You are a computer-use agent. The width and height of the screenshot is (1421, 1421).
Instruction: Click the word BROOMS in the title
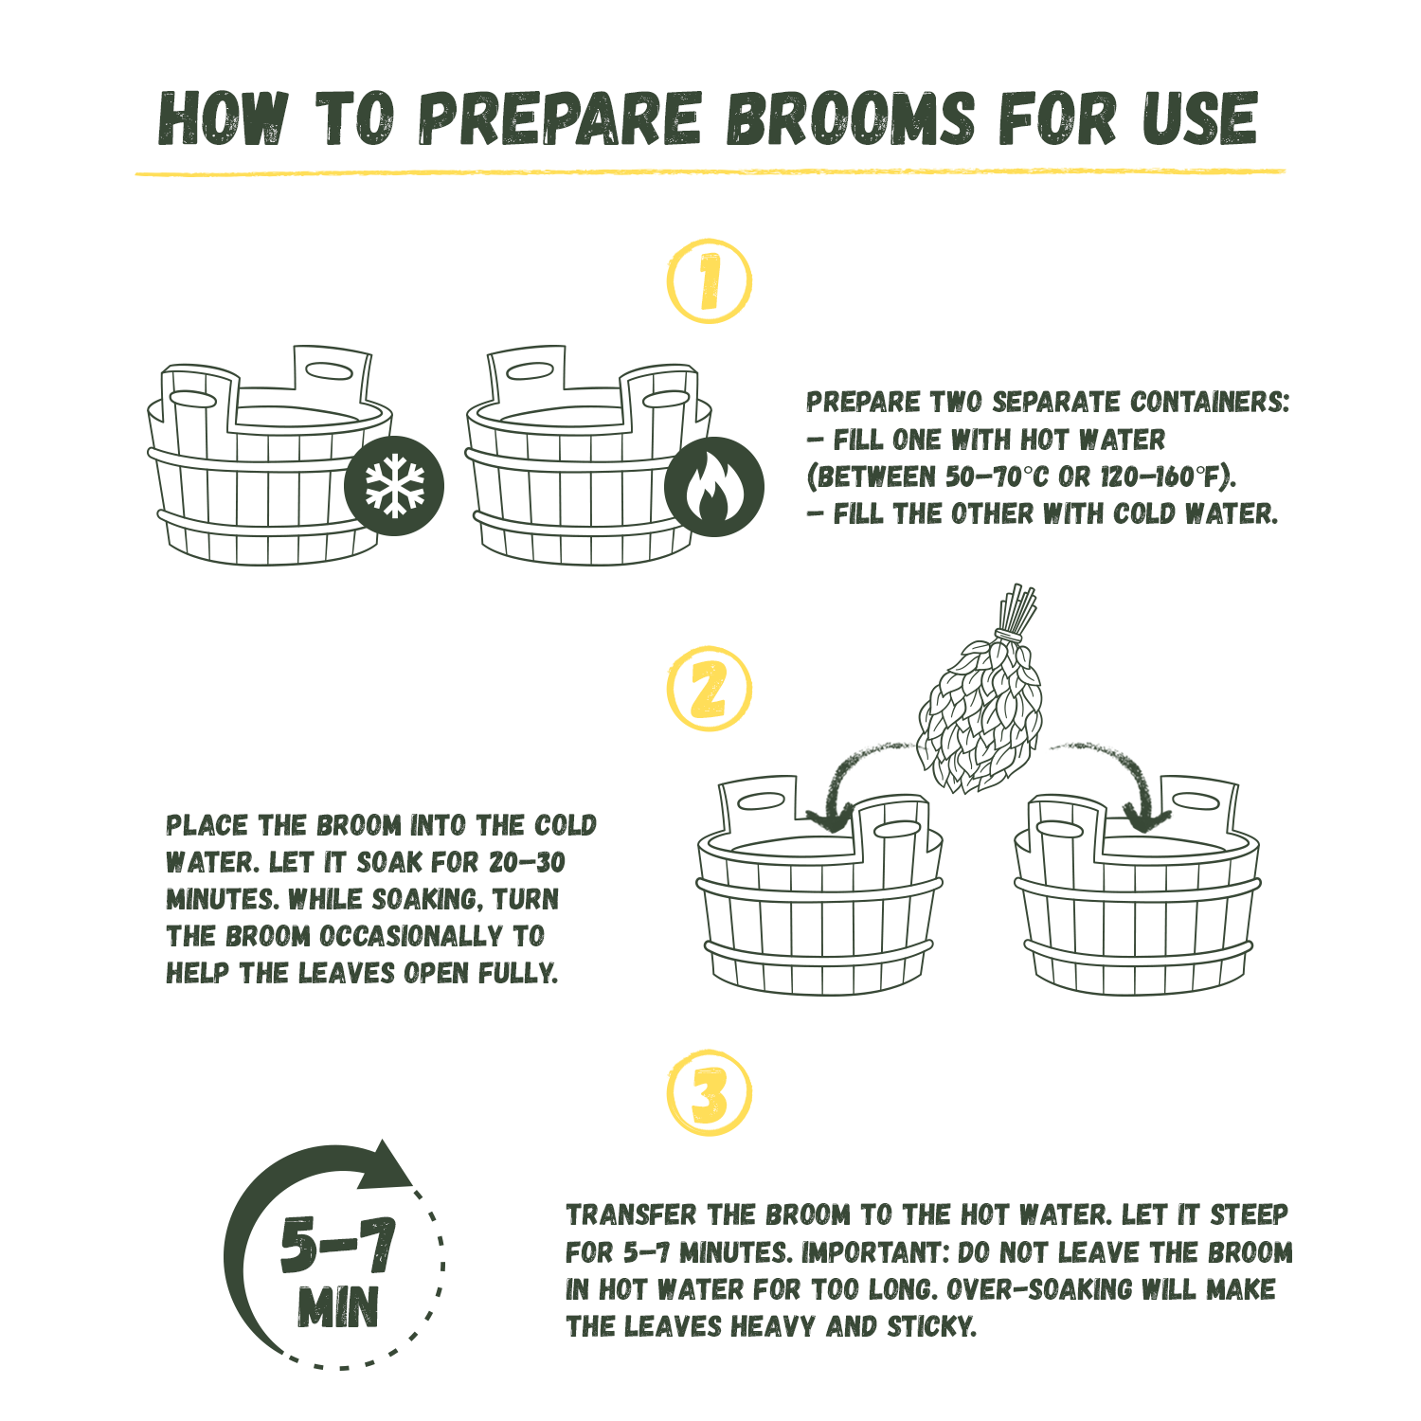[851, 119]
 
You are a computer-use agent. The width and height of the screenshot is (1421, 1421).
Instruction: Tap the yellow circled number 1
[709, 281]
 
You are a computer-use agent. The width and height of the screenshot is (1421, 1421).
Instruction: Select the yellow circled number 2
[709, 689]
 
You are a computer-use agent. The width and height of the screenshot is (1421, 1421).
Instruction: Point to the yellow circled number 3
[709, 1092]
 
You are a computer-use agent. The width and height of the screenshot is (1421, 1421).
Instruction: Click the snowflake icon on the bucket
[394, 485]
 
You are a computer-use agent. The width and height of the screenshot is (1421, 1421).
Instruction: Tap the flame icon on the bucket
[713, 486]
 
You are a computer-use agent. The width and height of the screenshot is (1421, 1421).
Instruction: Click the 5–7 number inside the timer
[337, 1244]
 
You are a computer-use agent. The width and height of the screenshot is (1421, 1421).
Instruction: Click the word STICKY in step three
[931, 1327]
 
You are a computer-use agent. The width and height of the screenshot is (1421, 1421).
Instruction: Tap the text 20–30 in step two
[528, 863]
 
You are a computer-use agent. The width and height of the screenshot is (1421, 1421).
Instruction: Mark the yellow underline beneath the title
[710, 172]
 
